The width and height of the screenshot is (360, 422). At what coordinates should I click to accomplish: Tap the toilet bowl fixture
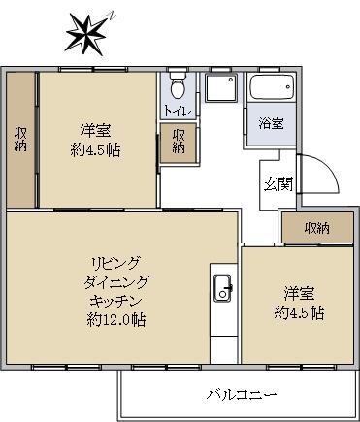[175, 86]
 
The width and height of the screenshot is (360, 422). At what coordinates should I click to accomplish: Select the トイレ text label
[178, 110]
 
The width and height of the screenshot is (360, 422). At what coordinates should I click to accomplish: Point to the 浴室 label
[271, 123]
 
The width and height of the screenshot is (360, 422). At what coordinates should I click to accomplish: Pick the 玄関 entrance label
[276, 184]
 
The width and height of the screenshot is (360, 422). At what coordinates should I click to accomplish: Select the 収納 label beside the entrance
[316, 229]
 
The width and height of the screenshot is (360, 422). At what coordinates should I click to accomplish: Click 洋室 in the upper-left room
[95, 130]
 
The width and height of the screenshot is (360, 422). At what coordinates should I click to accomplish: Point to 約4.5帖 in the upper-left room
[95, 150]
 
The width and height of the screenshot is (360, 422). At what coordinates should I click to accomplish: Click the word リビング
[115, 263]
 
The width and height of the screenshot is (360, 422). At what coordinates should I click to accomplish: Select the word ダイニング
[115, 281]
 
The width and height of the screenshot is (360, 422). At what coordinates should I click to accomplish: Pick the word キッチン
[115, 300]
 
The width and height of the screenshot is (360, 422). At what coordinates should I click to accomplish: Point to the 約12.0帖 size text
[115, 318]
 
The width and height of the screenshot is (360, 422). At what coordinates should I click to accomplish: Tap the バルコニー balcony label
[242, 394]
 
